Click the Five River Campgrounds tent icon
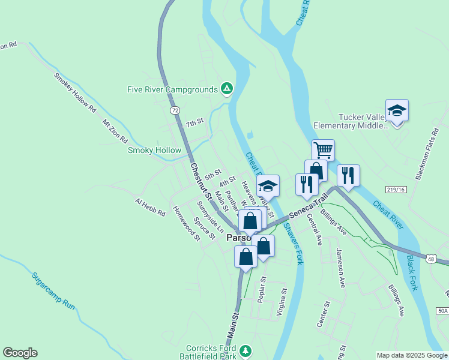(226, 89)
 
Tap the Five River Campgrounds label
(172, 90)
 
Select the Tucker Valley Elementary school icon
(397, 110)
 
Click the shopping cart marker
(323, 149)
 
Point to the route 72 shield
(174, 110)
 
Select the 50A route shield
(442, 310)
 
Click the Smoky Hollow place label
(154, 150)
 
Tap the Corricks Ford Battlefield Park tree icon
(244, 350)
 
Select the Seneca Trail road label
(309, 205)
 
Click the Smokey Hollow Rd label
(75, 92)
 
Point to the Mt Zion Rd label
(115, 130)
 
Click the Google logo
(20, 353)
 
